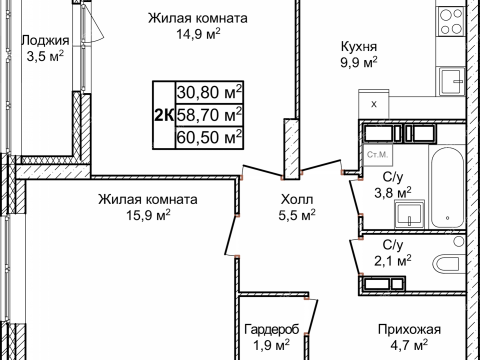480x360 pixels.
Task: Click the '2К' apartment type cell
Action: [163, 114]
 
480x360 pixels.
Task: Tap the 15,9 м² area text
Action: [147, 214]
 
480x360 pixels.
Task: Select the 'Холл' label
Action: [296, 198]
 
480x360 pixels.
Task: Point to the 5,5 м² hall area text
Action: [296, 214]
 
